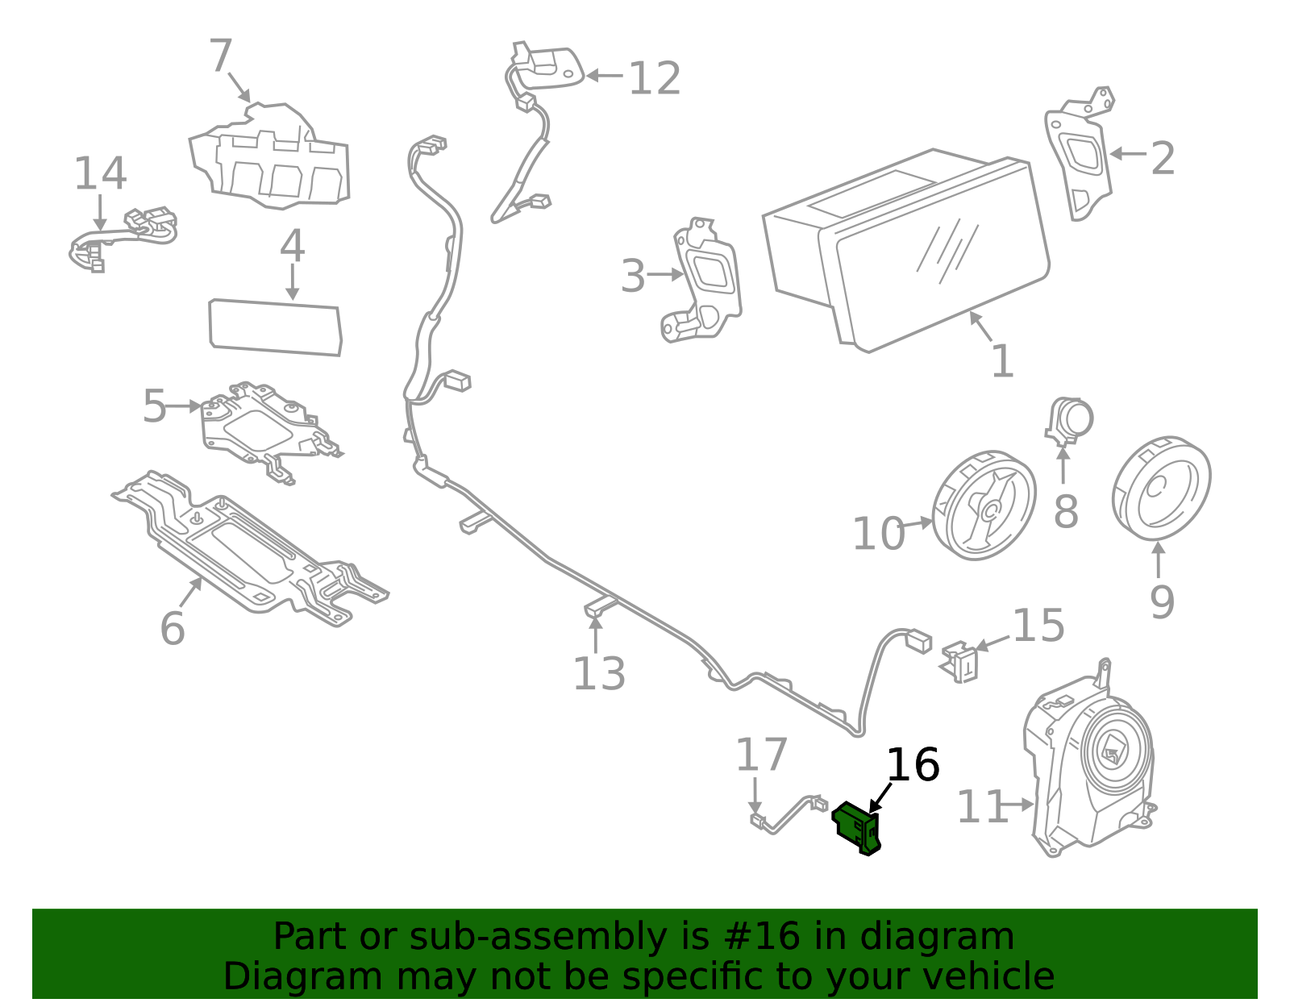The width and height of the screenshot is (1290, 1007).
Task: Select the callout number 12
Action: pos(654,79)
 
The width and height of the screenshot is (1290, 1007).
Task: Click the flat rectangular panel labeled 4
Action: pos(275,327)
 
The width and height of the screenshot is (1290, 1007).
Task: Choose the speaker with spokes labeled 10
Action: pos(984,506)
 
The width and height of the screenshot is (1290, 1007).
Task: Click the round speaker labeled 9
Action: pos(1161,489)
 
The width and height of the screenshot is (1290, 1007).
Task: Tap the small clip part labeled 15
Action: pos(959,661)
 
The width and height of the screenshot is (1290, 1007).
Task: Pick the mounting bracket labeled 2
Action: pos(1079,157)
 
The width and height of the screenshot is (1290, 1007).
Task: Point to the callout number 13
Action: pos(598,674)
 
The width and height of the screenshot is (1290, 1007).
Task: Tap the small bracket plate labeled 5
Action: pos(266,427)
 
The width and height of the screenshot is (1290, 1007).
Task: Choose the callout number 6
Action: pos(172,628)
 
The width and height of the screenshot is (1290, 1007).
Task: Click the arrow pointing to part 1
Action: pos(980,327)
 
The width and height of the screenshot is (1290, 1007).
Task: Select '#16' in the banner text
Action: pos(762,937)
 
